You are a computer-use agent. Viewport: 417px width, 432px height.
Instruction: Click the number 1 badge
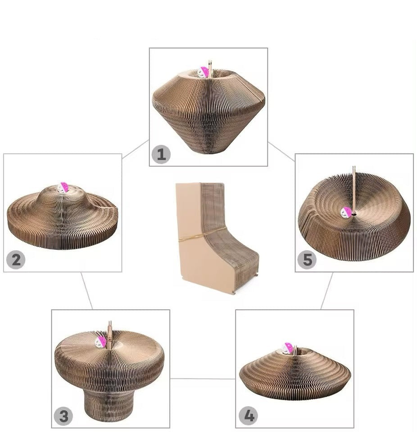click(161, 154)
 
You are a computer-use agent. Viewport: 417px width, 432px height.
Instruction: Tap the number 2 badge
click(15, 260)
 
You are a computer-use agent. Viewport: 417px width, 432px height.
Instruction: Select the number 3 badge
click(63, 416)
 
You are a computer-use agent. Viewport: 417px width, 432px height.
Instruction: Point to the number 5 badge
click(307, 260)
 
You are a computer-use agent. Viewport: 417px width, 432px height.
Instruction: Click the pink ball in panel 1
click(204, 72)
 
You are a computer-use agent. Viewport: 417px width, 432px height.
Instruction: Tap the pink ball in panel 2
click(63, 187)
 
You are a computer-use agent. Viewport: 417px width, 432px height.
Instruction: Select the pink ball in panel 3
click(101, 342)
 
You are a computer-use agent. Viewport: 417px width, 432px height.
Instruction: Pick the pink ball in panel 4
click(288, 348)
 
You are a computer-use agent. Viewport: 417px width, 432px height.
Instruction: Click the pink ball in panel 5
click(346, 212)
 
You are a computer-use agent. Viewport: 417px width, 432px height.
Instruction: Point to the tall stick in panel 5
click(354, 189)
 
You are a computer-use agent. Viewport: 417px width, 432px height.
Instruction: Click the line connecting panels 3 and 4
click(203, 378)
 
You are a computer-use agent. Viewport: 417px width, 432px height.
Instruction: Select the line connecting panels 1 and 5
click(281, 151)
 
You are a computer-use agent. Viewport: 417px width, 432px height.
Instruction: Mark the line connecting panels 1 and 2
click(135, 150)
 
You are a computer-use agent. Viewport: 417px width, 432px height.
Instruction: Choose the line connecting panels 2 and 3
click(86, 291)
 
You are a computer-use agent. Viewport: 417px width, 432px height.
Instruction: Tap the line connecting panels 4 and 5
click(327, 291)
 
